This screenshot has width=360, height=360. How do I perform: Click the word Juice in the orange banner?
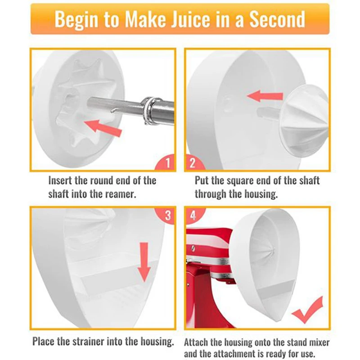191,19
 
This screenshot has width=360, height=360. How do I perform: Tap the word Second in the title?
277,19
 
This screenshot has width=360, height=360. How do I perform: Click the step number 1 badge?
165,162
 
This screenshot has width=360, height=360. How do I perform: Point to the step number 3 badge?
166,216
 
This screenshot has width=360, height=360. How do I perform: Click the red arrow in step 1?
103,128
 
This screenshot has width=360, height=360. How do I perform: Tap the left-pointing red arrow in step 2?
265,96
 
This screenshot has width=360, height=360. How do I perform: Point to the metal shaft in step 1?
131,108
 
